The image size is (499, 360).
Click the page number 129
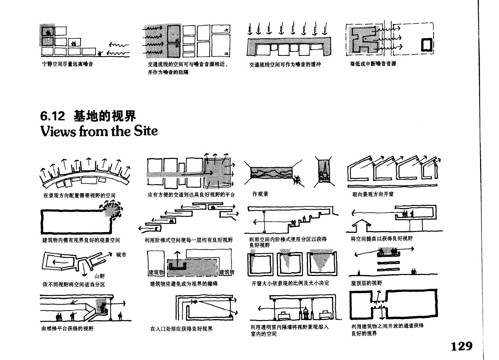tap(461, 346)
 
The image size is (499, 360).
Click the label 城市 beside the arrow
tap(121, 255)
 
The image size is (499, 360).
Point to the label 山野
tap(100, 276)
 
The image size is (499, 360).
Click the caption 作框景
tap(260, 194)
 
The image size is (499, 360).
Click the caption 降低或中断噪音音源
tap(373, 64)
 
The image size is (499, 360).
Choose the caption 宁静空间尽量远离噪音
tap(68, 64)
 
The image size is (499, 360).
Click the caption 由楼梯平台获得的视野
tap(68, 329)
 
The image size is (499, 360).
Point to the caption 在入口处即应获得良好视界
tap(181, 329)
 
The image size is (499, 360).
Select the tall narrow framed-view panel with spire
tap(324, 171)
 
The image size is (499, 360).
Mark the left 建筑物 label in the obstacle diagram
tap(156, 272)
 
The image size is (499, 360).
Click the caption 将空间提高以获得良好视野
tap(381, 239)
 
